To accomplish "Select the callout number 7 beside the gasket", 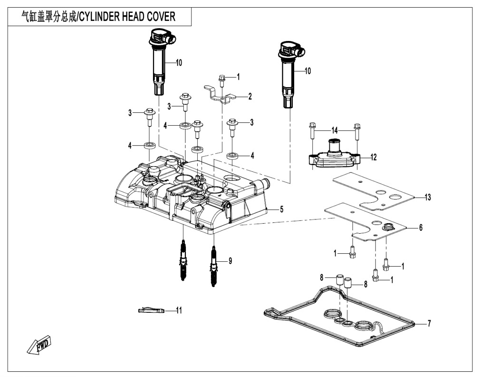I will point(429,324).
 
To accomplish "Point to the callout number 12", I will point(374,157).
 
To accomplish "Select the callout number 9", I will point(230,261).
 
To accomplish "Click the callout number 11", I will point(179,310).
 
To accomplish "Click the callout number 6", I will point(420,228).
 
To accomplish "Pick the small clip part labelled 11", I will point(150,311).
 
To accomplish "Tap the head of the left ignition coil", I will point(162,37).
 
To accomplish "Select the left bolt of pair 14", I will point(311,130).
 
